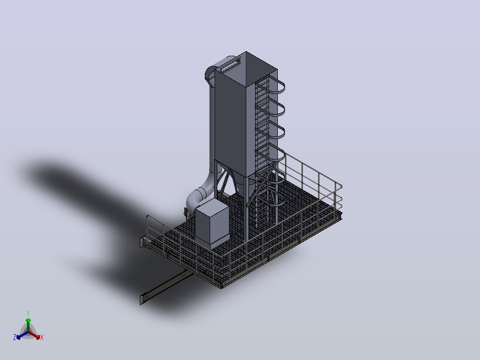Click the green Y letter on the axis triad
coord(28,313)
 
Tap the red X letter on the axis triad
coord(42,337)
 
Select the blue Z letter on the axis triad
coord(15,337)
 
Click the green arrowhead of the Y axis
coord(28,320)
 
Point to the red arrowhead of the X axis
coord(38,337)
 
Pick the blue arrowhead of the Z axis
coord(18,337)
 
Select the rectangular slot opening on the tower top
coord(230,65)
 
